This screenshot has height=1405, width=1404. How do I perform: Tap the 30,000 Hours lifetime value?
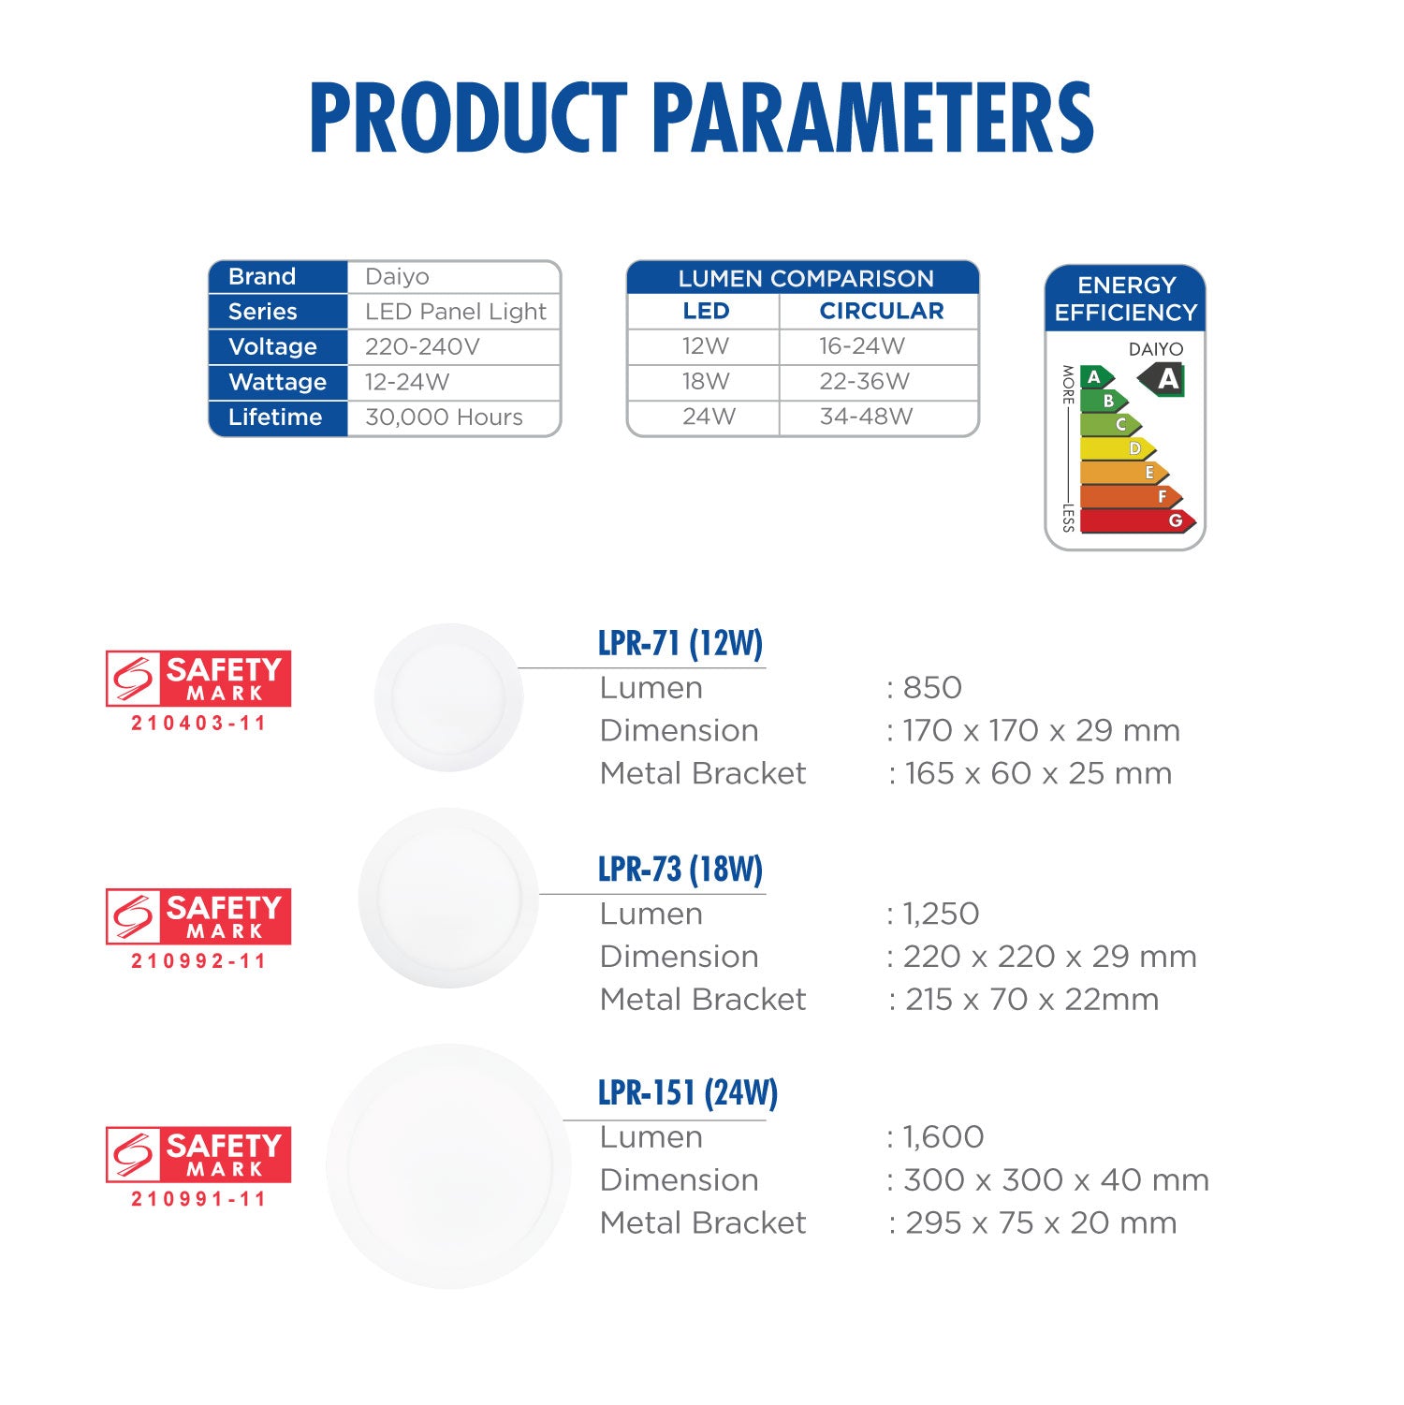click(x=444, y=417)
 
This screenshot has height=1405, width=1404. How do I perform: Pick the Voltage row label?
click(x=272, y=347)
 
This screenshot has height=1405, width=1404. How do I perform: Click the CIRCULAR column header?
click(x=882, y=311)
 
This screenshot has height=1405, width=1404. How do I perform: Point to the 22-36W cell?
click(x=864, y=382)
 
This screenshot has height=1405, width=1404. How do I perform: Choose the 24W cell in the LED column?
click(x=709, y=417)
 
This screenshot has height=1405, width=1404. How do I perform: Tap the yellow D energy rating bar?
click(x=1118, y=448)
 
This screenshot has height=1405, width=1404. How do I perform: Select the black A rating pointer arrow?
click(x=1162, y=379)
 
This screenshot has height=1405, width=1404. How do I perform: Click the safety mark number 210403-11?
click(x=198, y=723)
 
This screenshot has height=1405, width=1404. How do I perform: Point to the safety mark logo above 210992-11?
click(x=198, y=916)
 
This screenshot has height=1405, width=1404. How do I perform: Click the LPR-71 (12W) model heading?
click(x=680, y=643)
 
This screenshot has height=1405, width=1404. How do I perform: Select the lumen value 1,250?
click(x=940, y=914)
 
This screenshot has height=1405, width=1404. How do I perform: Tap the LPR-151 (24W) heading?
click(x=688, y=1092)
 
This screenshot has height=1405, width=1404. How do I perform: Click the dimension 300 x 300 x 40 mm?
click(x=1056, y=1180)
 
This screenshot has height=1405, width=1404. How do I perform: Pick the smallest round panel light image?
click(x=449, y=697)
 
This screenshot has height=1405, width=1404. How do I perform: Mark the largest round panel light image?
click(x=448, y=1166)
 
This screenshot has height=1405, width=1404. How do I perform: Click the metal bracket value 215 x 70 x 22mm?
click(x=1031, y=1000)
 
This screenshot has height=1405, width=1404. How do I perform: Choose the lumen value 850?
click(x=932, y=688)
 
